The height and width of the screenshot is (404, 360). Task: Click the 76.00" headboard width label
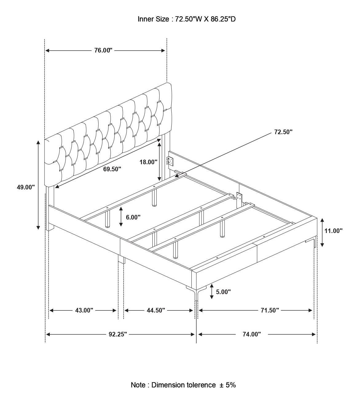pos(103,50)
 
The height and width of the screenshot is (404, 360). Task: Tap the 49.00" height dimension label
pos(26,187)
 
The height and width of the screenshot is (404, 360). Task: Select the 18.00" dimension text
pos(148,162)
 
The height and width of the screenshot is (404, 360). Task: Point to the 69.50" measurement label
pos(112,169)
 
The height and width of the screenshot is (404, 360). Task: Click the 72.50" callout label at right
pos(283,132)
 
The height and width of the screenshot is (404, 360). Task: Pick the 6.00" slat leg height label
pos(133,217)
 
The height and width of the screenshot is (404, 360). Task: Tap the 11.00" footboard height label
pos(334,231)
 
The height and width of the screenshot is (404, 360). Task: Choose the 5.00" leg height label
pos(223,292)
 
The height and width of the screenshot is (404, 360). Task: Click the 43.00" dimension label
pos(84,310)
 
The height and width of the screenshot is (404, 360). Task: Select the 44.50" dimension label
pos(156,310)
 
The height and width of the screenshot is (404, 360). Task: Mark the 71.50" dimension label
pos(270,310)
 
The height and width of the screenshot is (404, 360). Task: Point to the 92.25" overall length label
pos(118,334)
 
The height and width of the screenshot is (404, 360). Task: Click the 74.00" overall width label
pos(252,334)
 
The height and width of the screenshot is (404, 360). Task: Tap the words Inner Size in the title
pos(153,19)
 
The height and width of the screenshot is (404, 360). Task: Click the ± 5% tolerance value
pos(228,385)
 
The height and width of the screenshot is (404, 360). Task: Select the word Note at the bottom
pos(138,385)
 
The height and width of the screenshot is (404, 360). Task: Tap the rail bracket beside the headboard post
pos(170,161)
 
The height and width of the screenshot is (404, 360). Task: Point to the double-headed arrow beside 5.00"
pos(212,292)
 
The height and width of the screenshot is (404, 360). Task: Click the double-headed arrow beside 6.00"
pos(121,216)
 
